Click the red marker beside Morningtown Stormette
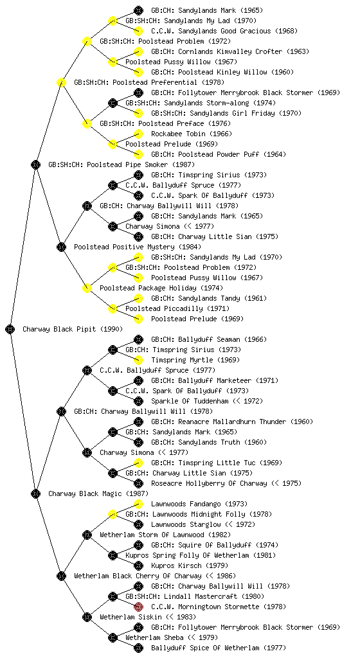(x=138, y=607)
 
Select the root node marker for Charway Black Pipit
(x=10, y=330)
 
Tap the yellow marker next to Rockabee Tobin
(x=138, y=134)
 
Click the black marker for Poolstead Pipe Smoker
(x=35, y=165)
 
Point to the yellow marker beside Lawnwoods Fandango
(x=138, y=504)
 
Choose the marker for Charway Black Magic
(x=35, y=494)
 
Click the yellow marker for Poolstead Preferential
(x=61, y=83)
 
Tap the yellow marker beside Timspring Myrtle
(x=138, y=360)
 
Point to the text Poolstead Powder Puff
(x=219, y=154)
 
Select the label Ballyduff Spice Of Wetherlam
(x=205, y=648)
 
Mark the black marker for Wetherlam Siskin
(x=87, y=618)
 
